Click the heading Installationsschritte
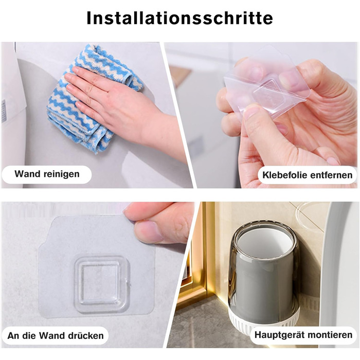[x=180, y=18]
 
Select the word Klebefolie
[x=282, y=175]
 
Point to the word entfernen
[x=329, y=175]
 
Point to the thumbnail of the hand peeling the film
[x=253, y=112]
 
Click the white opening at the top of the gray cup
[x=264, y=242]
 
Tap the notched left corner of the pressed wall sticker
[x=44, y=246]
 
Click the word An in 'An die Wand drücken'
[x=12, y=336]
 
